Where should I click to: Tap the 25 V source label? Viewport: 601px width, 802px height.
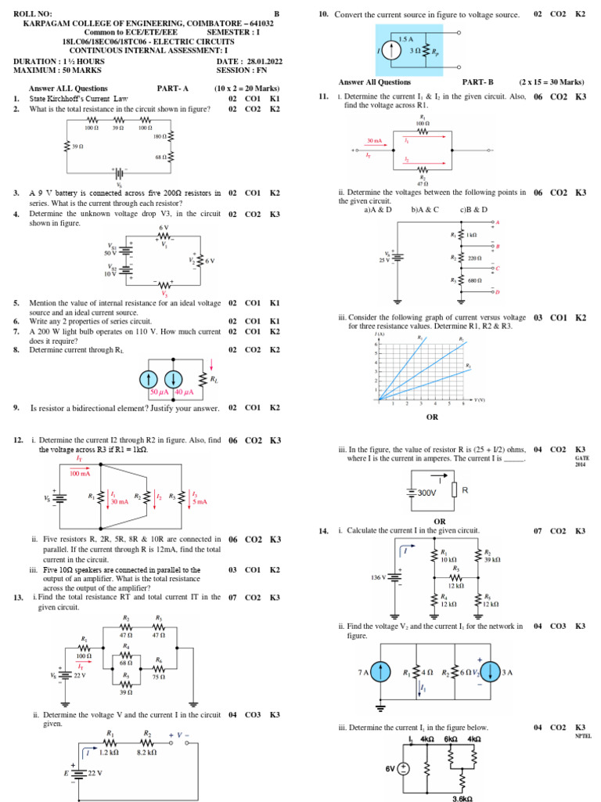pyautogui.click(x=384, y=259)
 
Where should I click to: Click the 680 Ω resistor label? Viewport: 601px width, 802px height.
pyautogui.click(x=474, y=280)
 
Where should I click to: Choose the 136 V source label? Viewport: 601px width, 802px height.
pyautogui.click(x=380, y=576)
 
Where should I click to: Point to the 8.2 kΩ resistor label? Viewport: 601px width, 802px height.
pyautogui.click(x=146, y=752)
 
